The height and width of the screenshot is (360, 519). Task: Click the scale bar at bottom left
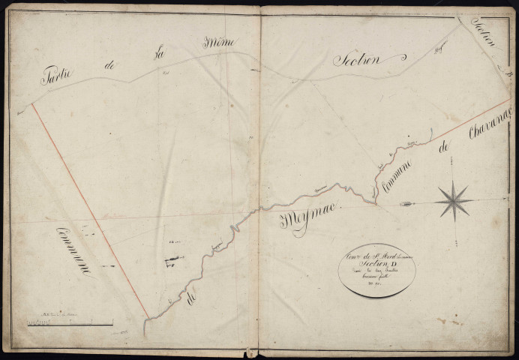(x=67, y=322)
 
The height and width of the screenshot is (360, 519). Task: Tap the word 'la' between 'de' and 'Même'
(x=160, y=55)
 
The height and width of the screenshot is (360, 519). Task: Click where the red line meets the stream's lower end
(x=147, y=318)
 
